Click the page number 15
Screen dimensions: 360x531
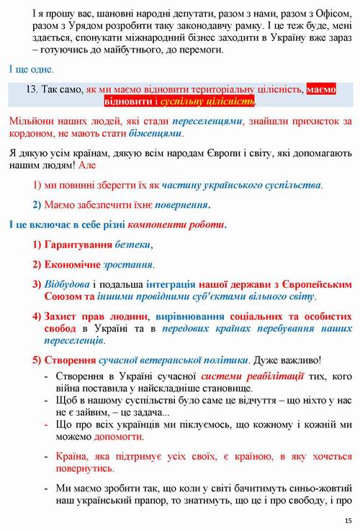tap(348, 520)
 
